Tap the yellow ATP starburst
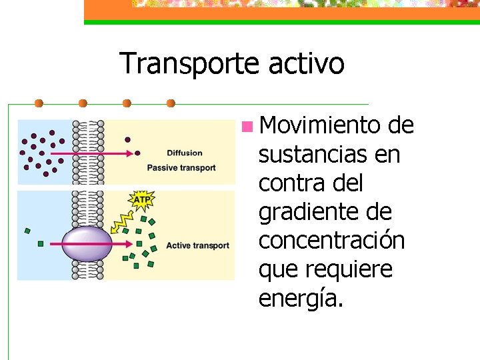tap(141, 199)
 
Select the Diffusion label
tap(184, 153)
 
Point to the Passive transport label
tap(181, 167)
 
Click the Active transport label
tap(197, 245)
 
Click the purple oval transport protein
tap(87, 244)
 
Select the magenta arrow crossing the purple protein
tap(100, 244)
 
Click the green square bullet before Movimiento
tap(247, 125)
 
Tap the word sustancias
tap(312, 155)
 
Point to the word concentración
tap(331, 241)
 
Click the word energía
tap(301, 299)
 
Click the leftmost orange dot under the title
tap(39, 103)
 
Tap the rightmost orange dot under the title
tap(171, 103)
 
